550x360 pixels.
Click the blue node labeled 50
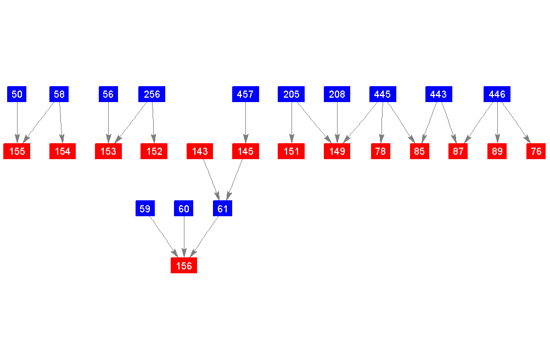[x=17, y=94]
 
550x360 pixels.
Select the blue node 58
[x=59, y=94]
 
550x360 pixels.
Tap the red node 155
[x=17, y=151]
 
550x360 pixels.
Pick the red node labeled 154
[x=63, y=151]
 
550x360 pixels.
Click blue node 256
[x=152, y=94]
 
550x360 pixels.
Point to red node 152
[x=154, y=151]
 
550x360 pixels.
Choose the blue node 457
[x=245, y=94]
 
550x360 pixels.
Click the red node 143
[x=200, y=151]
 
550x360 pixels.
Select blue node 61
[x=222, y=209]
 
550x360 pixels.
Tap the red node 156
[x=184, y=266]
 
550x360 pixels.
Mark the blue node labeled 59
[x=145, y=209]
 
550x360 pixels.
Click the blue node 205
[x=291, y=94]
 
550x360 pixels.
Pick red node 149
[x=337, y=151]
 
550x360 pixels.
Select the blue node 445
[x=382, y=94]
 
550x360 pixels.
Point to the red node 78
[x=381, y=151]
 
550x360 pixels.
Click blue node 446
[x=497, y=94]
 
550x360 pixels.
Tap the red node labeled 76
[x=536, y=151]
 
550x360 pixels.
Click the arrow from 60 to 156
[x=184, y=236]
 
